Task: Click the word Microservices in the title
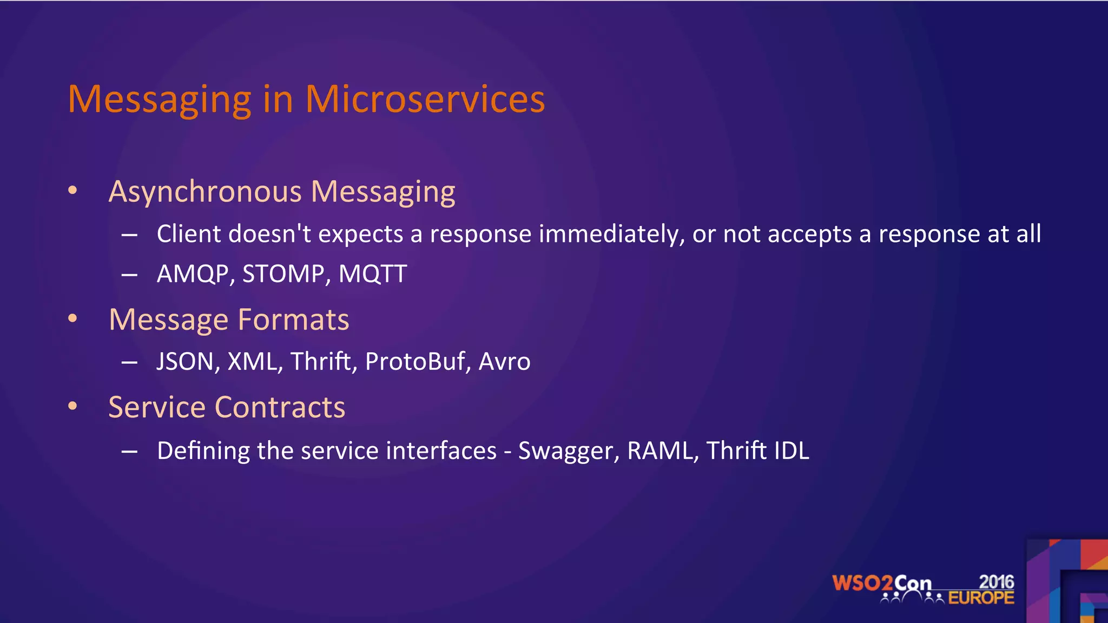pyautogui.click(x=425, y=100)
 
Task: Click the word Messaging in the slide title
pyautogui.click(x=160, y=100)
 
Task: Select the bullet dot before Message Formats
pyautogui.click(x=72, y=319)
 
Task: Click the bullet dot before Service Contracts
pyautogui.click(x=72, y=406)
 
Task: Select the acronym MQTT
pyautogui.click(x=372, y=274)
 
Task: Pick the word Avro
pyautogui.click(x=504, y=361)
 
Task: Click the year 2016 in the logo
pyautogui.click(x=996, y=582)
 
